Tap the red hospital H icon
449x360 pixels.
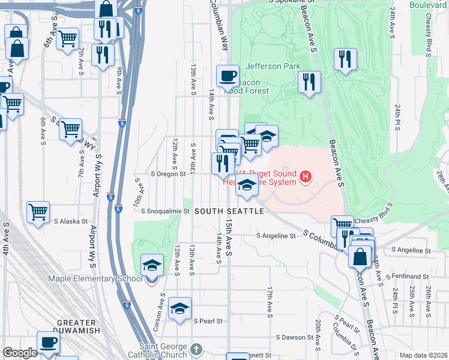tap(306, 176)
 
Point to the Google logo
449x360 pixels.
tap(20, 353)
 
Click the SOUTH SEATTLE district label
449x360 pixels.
tap(229, 212)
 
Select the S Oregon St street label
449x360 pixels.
tap(175, 174)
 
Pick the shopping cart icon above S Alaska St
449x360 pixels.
tap(38, 212)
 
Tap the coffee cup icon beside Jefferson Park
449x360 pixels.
tap(228, 76)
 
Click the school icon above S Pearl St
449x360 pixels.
tap(179, 308)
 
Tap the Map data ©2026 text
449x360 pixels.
tap(423, 355)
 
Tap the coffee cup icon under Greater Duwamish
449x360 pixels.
tap(47, 343)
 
